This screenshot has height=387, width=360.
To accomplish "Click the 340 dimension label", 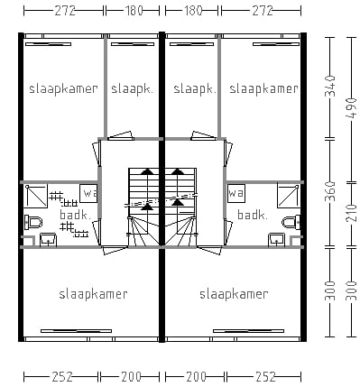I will (329, 88).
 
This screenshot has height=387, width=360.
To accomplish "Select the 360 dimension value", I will (329, 192).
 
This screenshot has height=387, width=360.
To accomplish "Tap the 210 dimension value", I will (351, 214).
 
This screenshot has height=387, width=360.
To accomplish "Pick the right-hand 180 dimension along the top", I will (192, 10).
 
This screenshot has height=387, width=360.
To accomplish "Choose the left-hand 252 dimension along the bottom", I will (61, 375).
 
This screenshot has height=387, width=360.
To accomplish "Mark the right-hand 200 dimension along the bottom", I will (192, 375).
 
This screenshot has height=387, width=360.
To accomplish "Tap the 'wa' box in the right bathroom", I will (236, 193).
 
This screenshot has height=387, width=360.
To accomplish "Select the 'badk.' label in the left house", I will (74, 216).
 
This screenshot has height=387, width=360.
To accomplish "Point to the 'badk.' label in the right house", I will (252, 215).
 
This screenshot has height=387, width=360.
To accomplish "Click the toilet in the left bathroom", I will (33, 222).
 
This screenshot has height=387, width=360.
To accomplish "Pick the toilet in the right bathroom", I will (291, 222).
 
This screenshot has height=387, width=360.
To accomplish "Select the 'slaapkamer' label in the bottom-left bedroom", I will (93, 294).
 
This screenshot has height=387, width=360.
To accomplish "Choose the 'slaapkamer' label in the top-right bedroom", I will (263, 88).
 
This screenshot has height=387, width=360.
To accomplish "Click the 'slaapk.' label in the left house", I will (132, 88).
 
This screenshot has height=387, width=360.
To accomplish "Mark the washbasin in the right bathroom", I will (275, 238).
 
